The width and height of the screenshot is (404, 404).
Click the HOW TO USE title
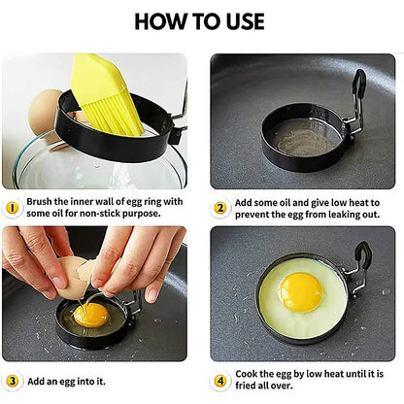click(x=202, y=21)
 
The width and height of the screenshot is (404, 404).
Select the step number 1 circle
click(x=12, y=207)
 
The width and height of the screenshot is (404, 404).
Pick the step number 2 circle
click(x=220, y=207)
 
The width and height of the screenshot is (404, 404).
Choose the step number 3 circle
click(x=12, y=380)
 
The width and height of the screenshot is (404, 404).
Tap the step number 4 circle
click(x=220, y=380)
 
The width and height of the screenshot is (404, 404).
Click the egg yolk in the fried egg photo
click(x=301, y=290)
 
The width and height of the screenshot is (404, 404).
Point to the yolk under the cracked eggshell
click(x=91, y=314)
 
